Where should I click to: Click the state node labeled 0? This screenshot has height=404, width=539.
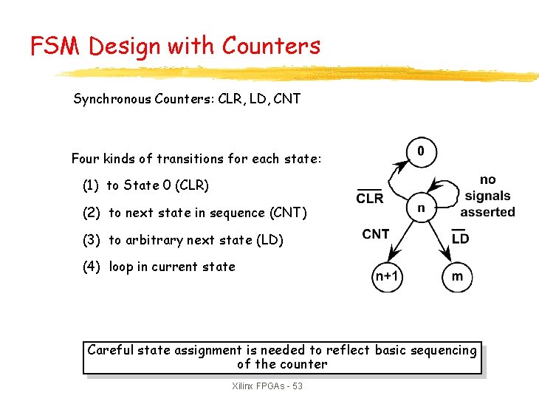pos(421,151)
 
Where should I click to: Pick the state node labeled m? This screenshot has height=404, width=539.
pos(457,277)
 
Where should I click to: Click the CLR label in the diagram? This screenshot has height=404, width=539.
pos(370,198)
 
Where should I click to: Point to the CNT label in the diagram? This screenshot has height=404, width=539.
pos(376,234)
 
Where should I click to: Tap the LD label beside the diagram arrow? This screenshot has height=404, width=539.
pos(460,238)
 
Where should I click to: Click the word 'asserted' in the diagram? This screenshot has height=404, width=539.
pos(488,212)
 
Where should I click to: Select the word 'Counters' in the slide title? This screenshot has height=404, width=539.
pos(271,47)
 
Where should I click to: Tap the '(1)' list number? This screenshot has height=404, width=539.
pos(92,185)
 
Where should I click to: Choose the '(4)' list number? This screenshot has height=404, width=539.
pos(92,267)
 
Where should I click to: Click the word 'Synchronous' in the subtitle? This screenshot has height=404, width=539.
pos(112,99)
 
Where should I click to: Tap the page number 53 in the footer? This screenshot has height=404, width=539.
pos(296,386)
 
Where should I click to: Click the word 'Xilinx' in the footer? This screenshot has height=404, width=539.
pos(244,386)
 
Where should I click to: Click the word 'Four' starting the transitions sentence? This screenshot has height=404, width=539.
pos(86,159)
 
